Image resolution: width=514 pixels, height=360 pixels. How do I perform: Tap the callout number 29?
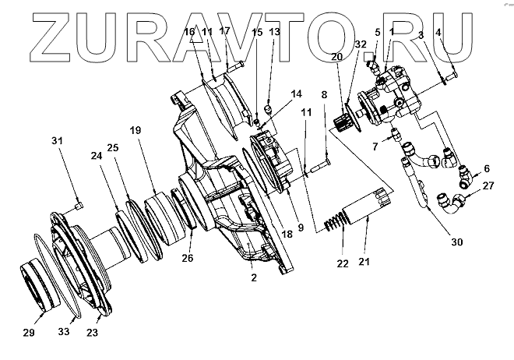[x=29, y=333]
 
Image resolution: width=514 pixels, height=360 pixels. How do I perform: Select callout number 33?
[x=65, y=332]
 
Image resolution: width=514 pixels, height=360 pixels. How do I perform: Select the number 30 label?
[x=456, y=242]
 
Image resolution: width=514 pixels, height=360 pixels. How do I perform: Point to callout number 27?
[x=488, y=185]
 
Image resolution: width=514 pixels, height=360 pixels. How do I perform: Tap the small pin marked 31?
[x=79, y=205]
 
